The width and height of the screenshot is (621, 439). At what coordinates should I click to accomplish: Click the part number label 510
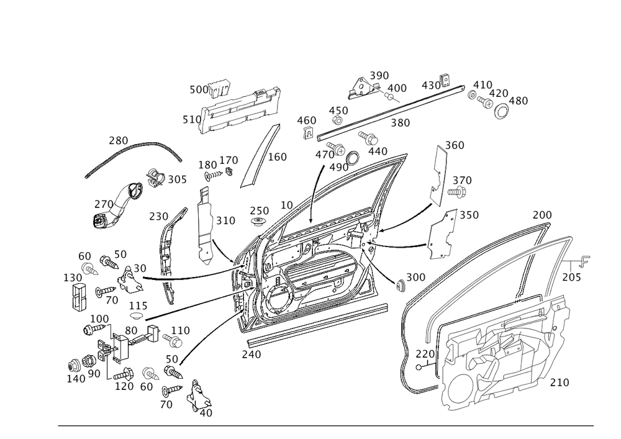point(192,119)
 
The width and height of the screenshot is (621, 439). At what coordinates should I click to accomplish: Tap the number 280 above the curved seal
point(119,140)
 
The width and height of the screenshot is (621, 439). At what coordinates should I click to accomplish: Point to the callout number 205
point(571,277)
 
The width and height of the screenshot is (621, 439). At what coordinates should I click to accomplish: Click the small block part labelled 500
point(220,88)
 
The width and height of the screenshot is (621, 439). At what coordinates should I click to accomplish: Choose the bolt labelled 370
point(456,192)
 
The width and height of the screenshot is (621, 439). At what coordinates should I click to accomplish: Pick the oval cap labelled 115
point(137,315)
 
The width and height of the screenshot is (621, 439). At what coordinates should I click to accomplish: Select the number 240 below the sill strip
point(252,355)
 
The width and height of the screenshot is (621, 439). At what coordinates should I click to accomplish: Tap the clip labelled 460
point(309,133)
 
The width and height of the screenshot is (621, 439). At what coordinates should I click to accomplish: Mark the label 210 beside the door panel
point(560,382)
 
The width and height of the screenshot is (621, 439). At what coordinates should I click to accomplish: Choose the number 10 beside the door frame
point(287,205)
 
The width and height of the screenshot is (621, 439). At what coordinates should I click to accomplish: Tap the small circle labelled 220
point(419,367)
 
